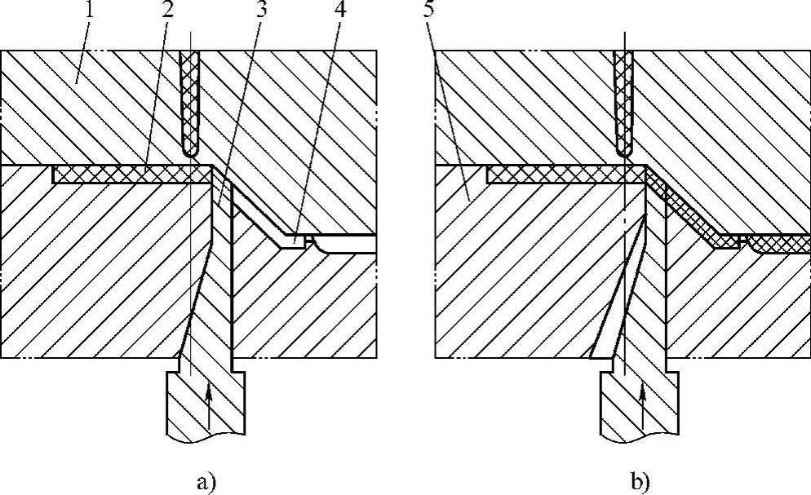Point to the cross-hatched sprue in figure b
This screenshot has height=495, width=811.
click(624, 98)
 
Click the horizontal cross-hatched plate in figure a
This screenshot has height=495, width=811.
click(131, 175)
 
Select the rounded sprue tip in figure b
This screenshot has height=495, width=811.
click(624, 152)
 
